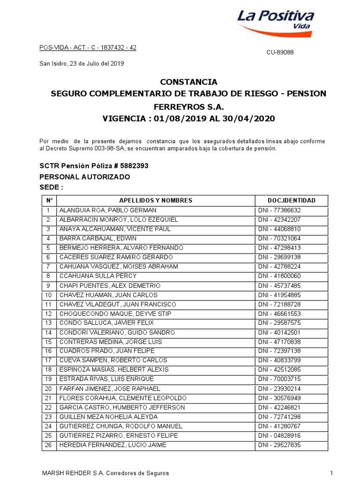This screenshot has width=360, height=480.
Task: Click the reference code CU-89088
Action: (280, 53)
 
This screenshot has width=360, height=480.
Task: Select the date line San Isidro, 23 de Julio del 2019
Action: (81, 63)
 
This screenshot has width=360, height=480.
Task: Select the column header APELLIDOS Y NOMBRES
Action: (156, 200)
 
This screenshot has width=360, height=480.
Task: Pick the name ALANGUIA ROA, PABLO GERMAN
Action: (108, 210)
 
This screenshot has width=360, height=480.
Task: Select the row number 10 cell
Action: (48, 295)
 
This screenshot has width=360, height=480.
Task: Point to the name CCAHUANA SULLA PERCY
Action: (97, 276)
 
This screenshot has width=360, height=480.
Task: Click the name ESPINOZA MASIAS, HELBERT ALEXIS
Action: (114, 370)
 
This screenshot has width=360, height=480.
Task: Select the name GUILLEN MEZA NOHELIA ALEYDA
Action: (108, 417)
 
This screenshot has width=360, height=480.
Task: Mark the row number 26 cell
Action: (48, 445)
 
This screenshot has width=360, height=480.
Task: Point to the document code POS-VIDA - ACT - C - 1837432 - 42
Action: (87, 48)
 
